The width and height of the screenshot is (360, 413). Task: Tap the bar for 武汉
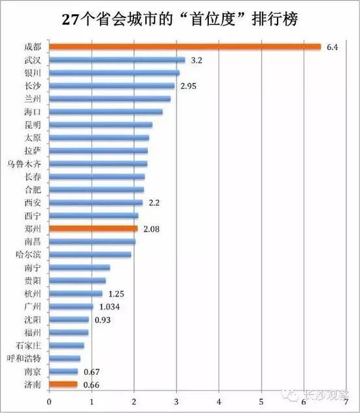click(117, 60)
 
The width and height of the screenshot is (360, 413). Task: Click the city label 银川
click(32, 73)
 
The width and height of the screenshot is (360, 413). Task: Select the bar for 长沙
click(111, 86)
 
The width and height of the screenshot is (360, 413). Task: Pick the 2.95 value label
click(189, 86)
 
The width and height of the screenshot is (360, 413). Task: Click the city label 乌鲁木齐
click(26, 164)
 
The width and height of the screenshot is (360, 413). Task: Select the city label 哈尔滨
click(29, 254)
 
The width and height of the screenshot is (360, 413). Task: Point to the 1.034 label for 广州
click(109, 306)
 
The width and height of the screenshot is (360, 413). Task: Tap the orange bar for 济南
click(63, 384)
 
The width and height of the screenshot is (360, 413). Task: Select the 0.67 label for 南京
click(91, 371)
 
